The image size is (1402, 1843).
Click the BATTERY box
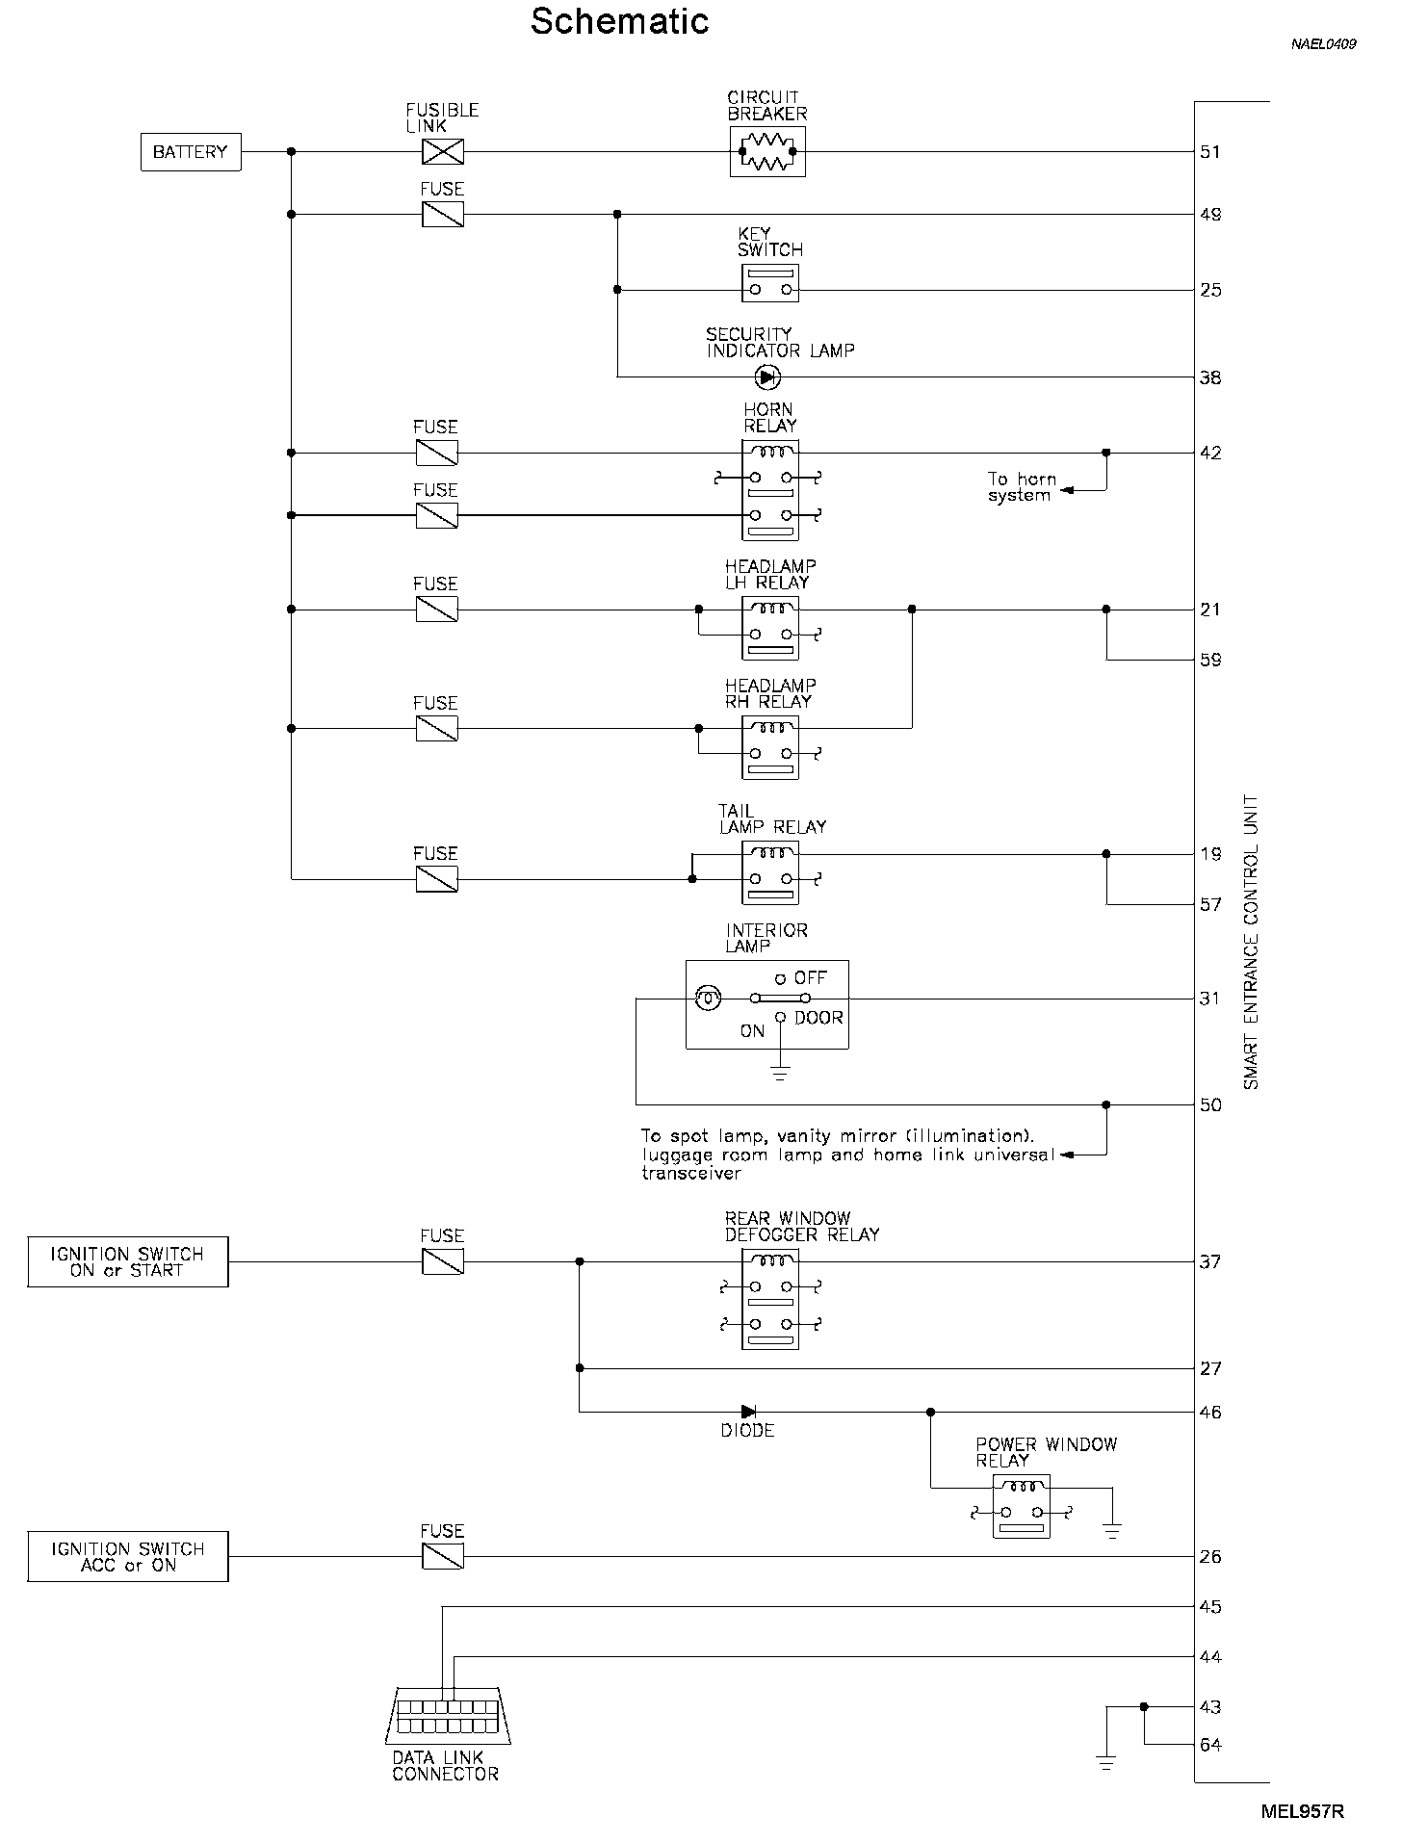191,152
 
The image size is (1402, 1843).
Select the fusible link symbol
443,151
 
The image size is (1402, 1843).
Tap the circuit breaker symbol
767,151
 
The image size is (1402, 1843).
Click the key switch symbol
770,283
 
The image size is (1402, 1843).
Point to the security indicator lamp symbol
767,376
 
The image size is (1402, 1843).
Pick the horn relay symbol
770,491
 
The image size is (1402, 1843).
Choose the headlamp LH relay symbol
770,628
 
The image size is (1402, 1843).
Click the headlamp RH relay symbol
770,747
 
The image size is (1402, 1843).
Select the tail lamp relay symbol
770,872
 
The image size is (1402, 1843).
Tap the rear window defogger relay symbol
770,1299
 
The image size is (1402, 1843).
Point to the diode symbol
748,1412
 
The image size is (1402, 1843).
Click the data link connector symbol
448,1716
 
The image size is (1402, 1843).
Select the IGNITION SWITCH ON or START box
128,1262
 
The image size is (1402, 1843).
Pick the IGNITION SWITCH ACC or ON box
128,1557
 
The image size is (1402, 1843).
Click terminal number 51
1210,152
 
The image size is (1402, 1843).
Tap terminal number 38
1210,377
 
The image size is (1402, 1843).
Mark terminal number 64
1210,1745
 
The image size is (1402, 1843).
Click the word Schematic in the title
620,21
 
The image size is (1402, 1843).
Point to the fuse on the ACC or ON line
443,1556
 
